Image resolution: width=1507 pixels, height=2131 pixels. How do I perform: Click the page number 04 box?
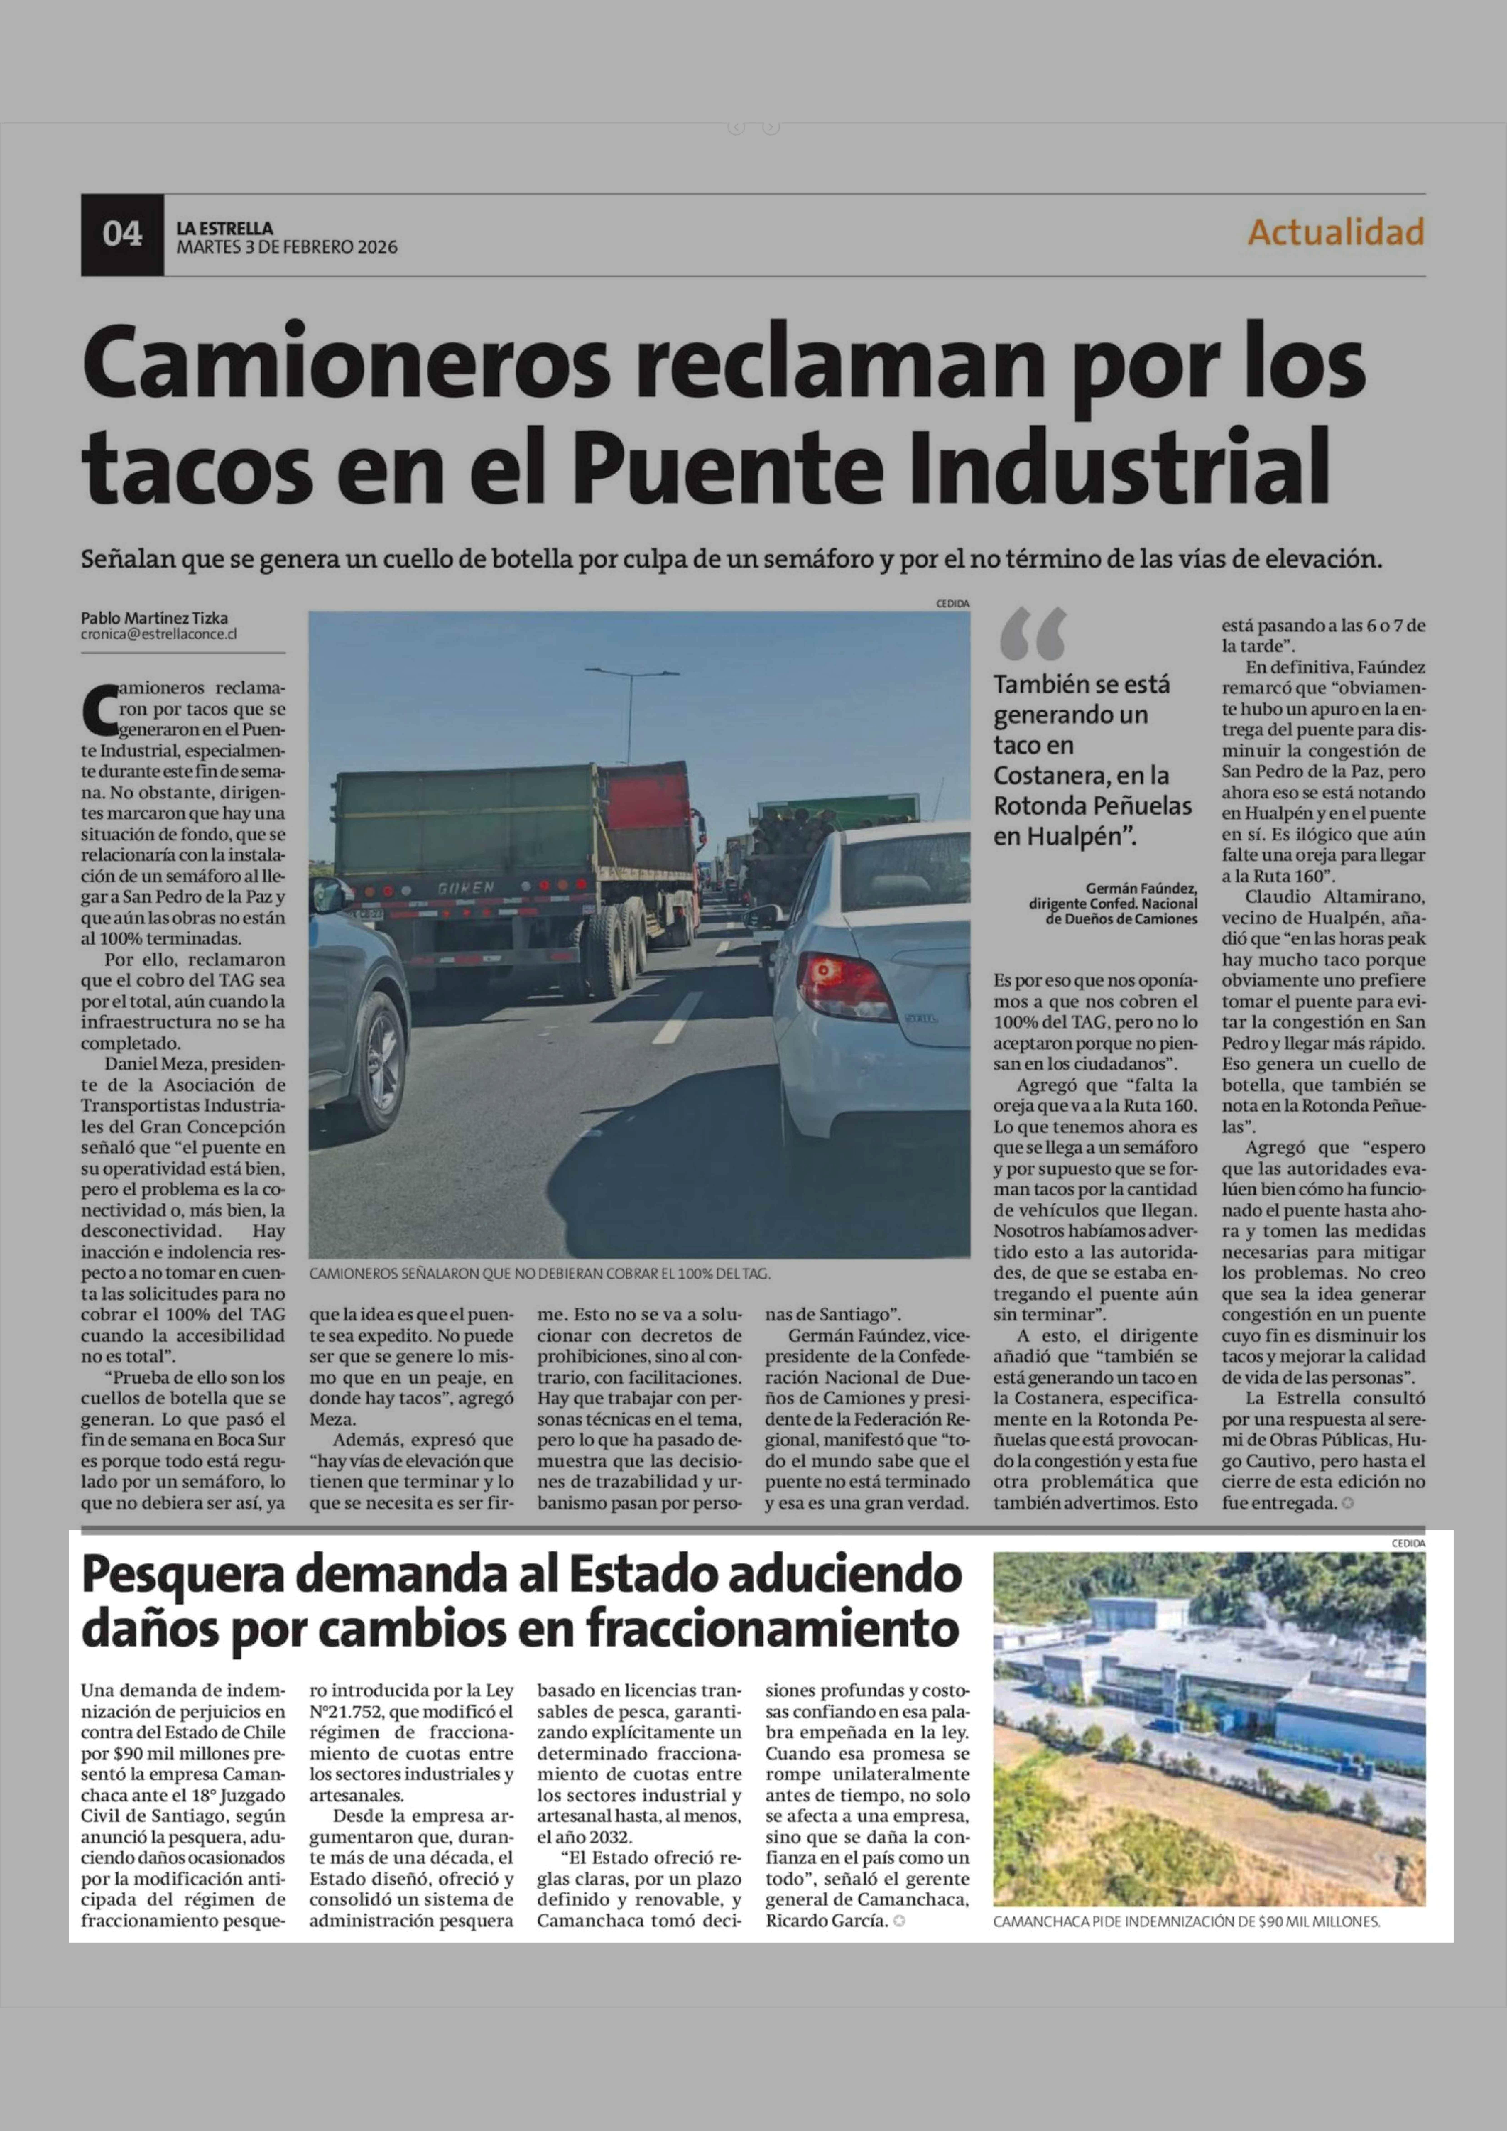tap(122, 234)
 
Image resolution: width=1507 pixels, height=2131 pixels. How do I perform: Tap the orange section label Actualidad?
tap(1335, 232)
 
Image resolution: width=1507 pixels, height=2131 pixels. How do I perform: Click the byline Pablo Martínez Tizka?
tap(154, 618)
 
